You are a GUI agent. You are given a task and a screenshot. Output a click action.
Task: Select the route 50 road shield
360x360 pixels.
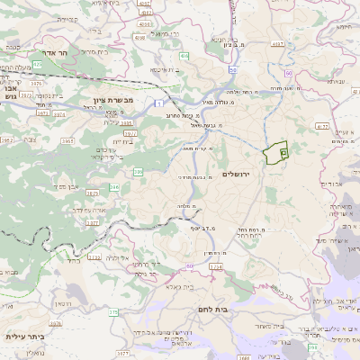click(232, 70)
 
